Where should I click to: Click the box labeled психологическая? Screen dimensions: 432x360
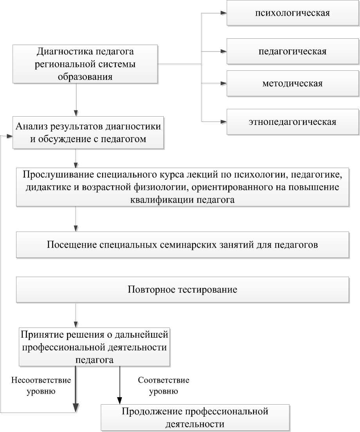(292, 13)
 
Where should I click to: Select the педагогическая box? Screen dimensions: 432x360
(292, 51)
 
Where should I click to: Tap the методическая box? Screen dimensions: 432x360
(292, 83)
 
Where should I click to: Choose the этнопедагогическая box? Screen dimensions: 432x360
(292, 122)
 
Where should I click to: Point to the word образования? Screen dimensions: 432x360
(85, 77)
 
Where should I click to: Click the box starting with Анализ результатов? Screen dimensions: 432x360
(88, 133)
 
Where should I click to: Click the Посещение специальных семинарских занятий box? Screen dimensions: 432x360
(182, 245)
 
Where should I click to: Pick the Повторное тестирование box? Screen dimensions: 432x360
(182, 290)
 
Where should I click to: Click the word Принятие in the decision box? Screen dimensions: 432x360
(41, 335)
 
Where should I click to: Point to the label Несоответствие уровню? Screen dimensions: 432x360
(41, 385)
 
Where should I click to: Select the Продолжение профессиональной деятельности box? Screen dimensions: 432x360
(195, 418)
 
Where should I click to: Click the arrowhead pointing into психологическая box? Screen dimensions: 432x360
(224, 13)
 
